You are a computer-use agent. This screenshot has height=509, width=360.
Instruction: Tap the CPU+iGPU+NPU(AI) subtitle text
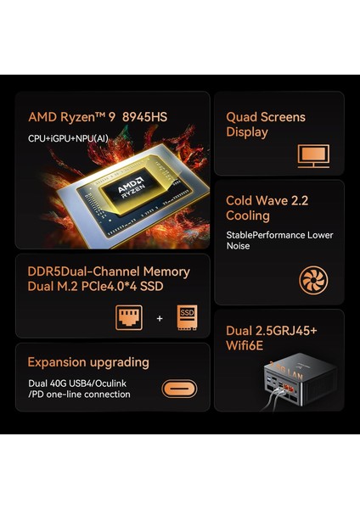(67, 137)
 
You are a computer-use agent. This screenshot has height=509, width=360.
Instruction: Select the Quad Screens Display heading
(265, 124)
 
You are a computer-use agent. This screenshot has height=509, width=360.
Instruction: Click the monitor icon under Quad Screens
(312, 155)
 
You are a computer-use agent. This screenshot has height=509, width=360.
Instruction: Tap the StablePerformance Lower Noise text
(278, 241)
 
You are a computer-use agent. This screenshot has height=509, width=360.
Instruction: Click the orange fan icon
(312, 280)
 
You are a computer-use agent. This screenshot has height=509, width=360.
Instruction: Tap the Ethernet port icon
(129, 318)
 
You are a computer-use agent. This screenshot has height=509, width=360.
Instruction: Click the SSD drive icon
(187, 318)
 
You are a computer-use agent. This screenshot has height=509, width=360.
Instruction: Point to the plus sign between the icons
(159, 319)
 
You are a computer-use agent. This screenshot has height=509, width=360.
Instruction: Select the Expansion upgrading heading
(88, 362)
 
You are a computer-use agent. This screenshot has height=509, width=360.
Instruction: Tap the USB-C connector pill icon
(179, 389)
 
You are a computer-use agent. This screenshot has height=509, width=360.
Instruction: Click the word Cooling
(249, 215)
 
